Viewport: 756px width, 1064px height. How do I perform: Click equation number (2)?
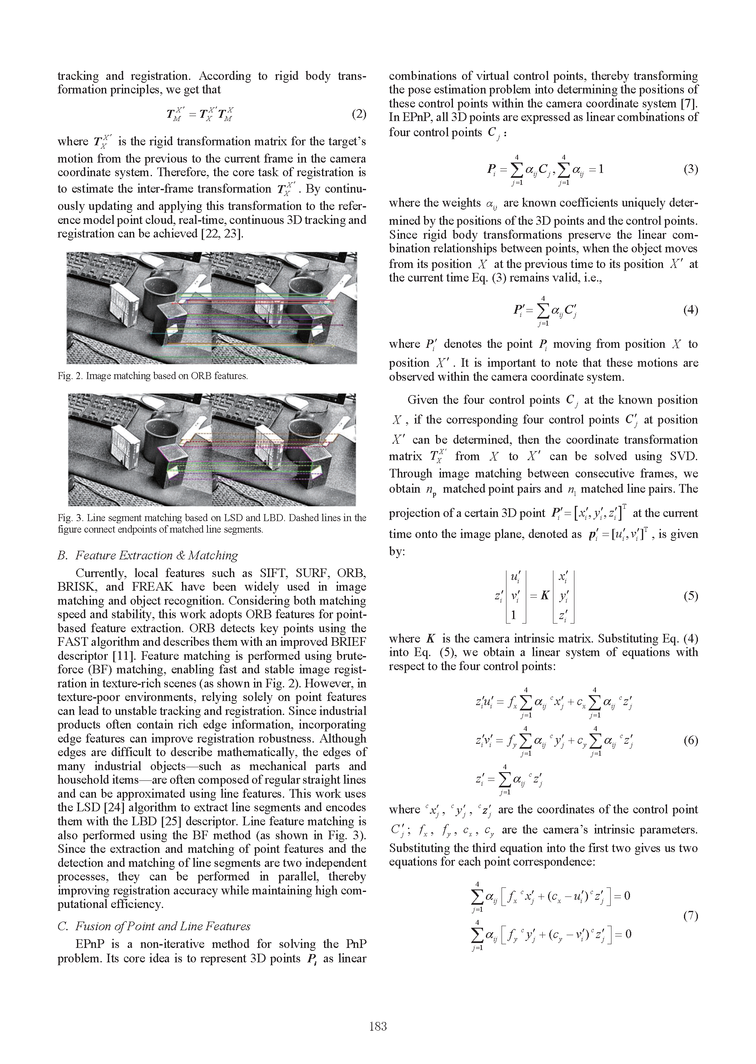pyautogui.click(x=359, y=114)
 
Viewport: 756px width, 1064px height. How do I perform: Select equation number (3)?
pyautogui.click(x=691, y=169)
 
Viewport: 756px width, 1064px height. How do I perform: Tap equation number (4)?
pyautogui.click(x=691, y=310)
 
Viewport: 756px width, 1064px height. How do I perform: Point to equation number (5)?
pyautogui.click(x=691, y=596)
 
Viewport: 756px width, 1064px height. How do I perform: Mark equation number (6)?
pyautogui.click(x=691, y=740)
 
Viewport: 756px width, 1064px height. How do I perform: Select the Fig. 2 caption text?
pyautogui.click(x=153, y=376)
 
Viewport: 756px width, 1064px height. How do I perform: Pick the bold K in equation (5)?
pyautogui.click(x=545, y=596)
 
